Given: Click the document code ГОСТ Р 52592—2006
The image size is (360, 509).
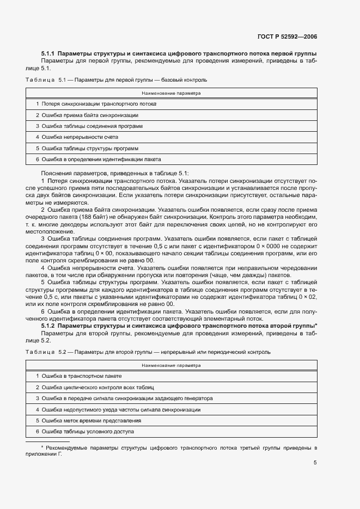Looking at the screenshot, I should (x=287, y=37).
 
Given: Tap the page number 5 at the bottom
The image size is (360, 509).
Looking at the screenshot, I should (x=315, y=463).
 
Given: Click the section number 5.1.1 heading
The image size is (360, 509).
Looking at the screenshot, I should (x=48, y=54).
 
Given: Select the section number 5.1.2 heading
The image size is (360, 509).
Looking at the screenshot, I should (x=48, y=326).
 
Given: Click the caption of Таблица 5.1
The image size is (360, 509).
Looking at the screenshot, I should (x=116, y=80).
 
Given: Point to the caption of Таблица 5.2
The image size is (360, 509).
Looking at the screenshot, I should (x=148, y=352).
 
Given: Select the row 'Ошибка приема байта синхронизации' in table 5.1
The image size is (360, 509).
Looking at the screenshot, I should (x=87, y=115).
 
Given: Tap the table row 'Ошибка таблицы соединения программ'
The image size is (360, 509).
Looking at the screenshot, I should (x=89, y=126).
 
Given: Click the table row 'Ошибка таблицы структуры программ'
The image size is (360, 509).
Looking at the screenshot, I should (x=87, y=148).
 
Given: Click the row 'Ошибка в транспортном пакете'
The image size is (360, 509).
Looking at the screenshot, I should (x=78, y=376).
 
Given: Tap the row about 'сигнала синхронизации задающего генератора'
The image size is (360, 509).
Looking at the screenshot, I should (x=124, y=398).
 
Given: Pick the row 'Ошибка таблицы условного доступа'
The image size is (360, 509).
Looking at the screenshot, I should (x=84, y=432).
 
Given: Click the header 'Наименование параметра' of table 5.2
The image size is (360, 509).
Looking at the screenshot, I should (x=171, y=365).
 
